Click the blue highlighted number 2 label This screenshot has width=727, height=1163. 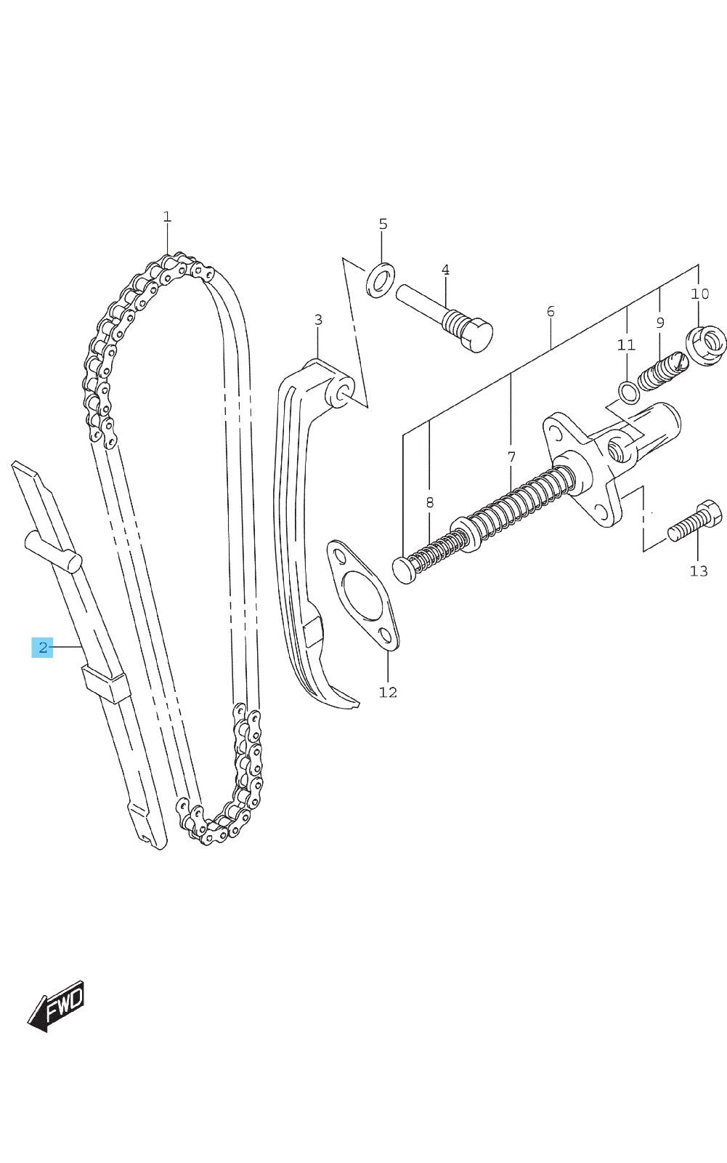coord(43,647)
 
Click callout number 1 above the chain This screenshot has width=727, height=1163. coord(166,217)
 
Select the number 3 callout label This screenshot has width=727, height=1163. coord(318,320)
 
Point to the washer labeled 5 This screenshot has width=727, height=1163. coord(380,280)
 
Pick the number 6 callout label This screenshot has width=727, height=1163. coord(551,311)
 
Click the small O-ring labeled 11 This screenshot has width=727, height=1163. coord(628,392)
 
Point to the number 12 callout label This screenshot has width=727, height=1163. coord(388,692)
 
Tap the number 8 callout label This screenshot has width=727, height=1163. coord(430,502)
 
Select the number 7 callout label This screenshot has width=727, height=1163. coord(511,457)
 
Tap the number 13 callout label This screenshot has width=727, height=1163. coord(699,571)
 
